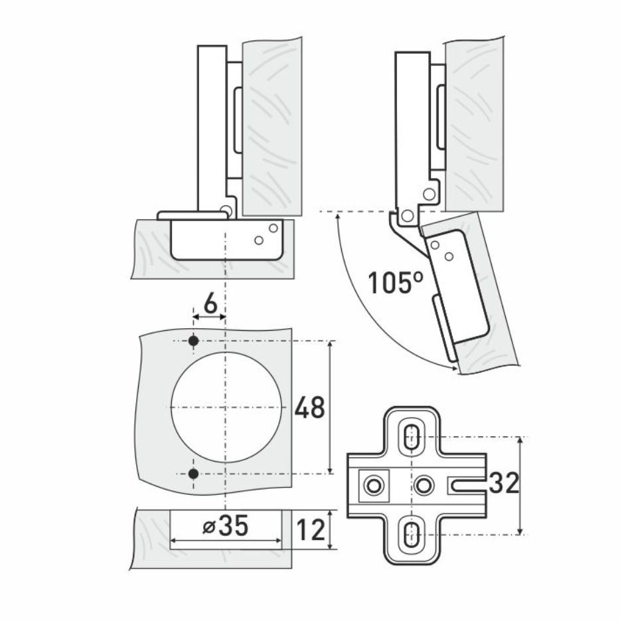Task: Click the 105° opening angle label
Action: pyautogui.click(x=396, y=282)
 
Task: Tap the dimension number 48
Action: pyautogui.click(x=309, y=407)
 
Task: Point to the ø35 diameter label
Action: pyautogui.click(x=225, y=526)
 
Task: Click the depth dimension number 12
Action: pyautogui.click(x=311, y=530)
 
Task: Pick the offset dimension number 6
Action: pyautogui.click(x=211, y=304)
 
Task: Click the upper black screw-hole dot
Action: pyautogui.click(x=193, y=341)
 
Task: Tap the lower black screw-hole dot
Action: pyautogui.click(x=193, y=474)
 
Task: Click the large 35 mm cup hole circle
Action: pyautogui.click(x=171, y=407)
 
